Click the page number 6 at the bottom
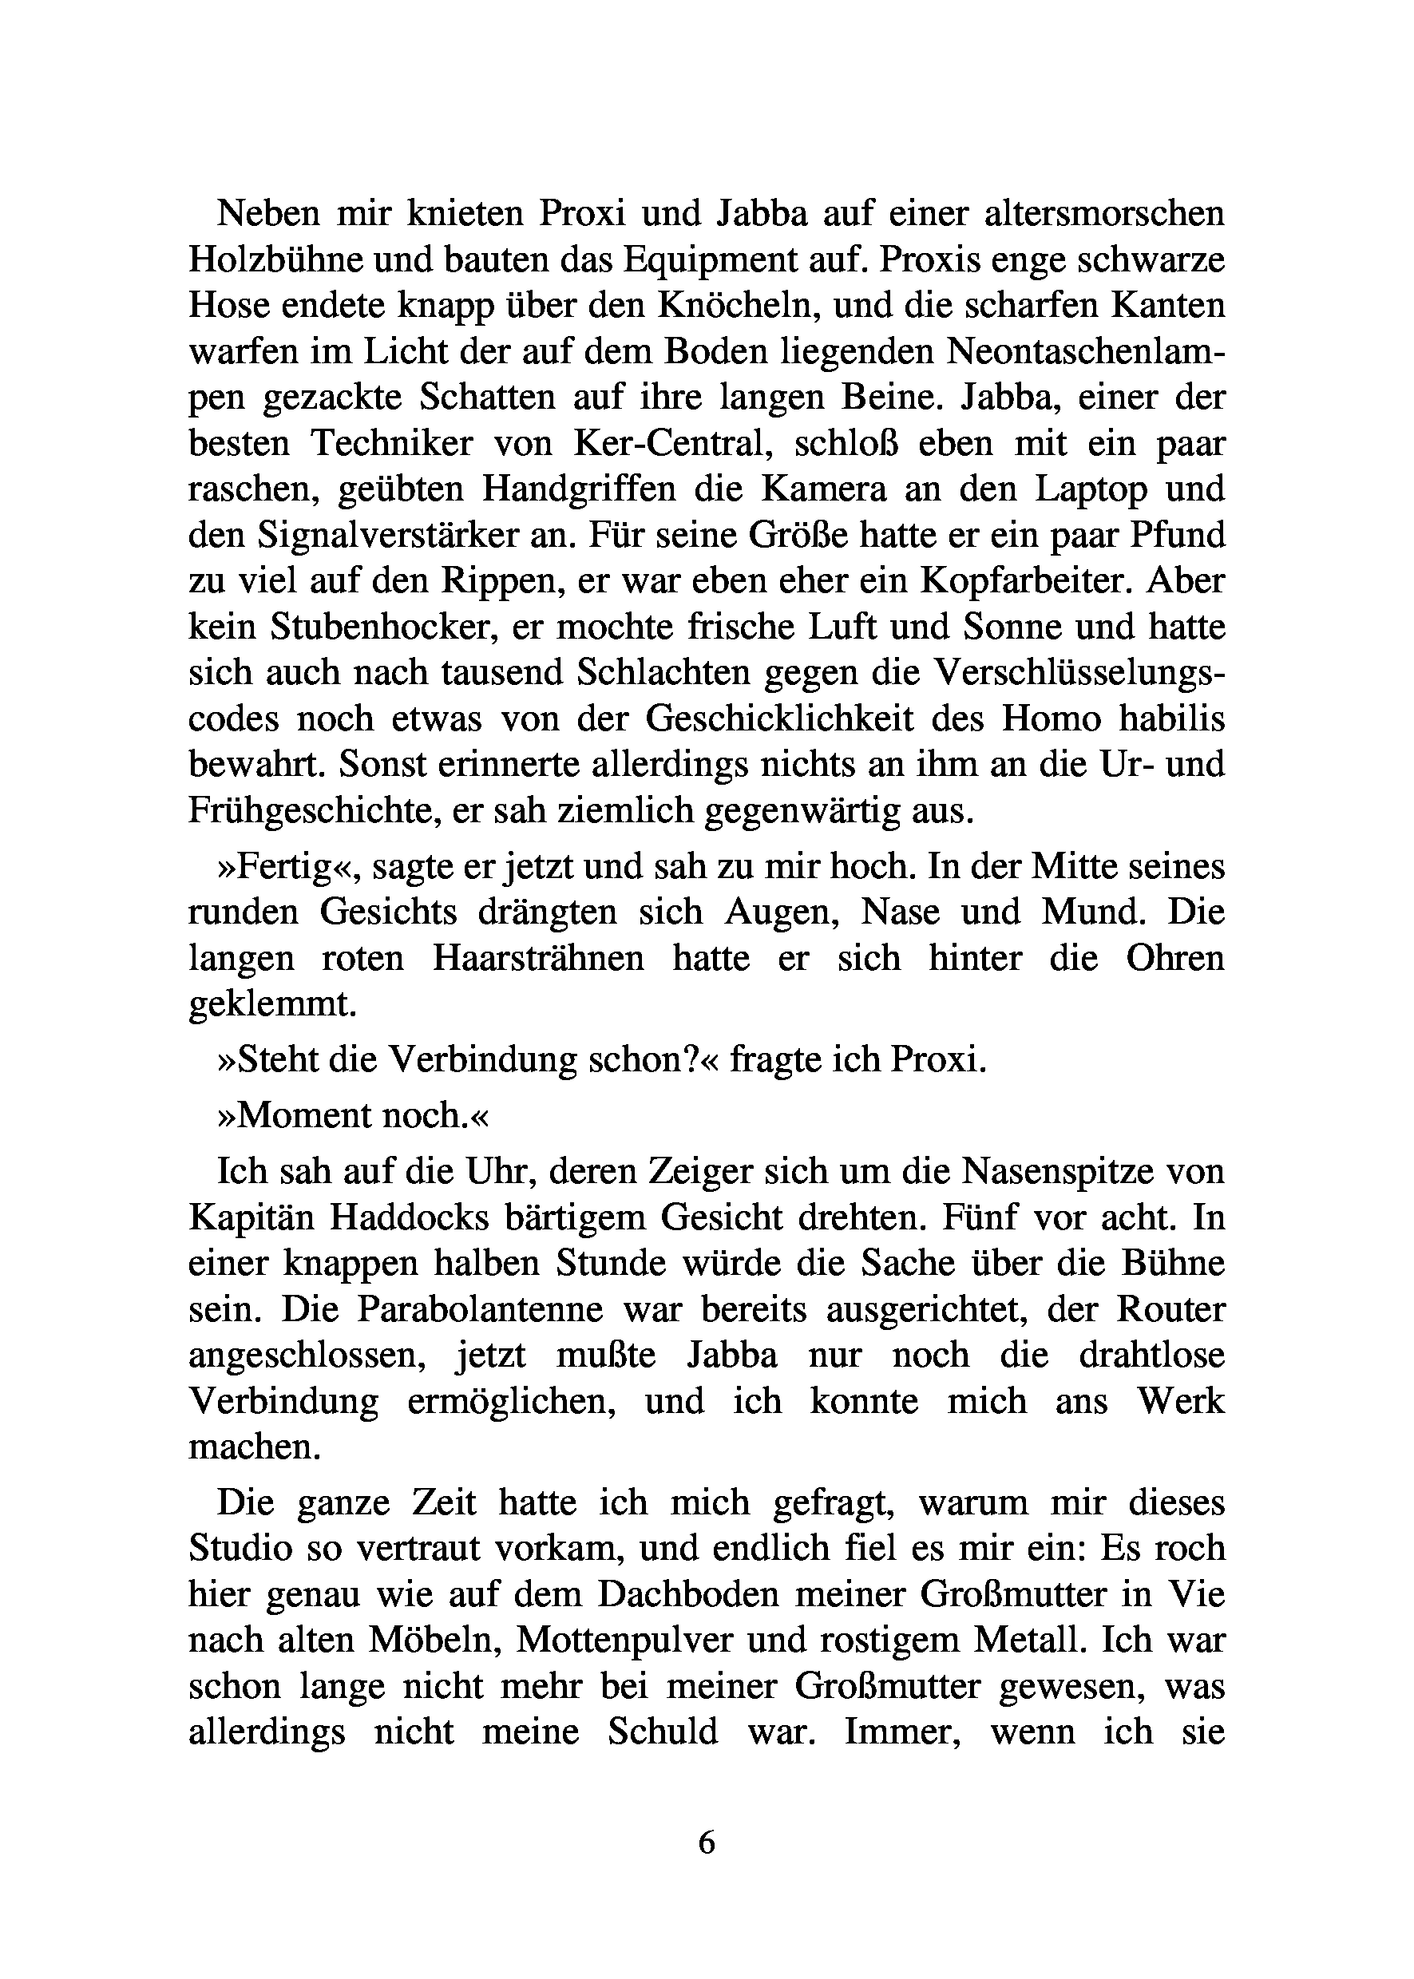click(706, 1842)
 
